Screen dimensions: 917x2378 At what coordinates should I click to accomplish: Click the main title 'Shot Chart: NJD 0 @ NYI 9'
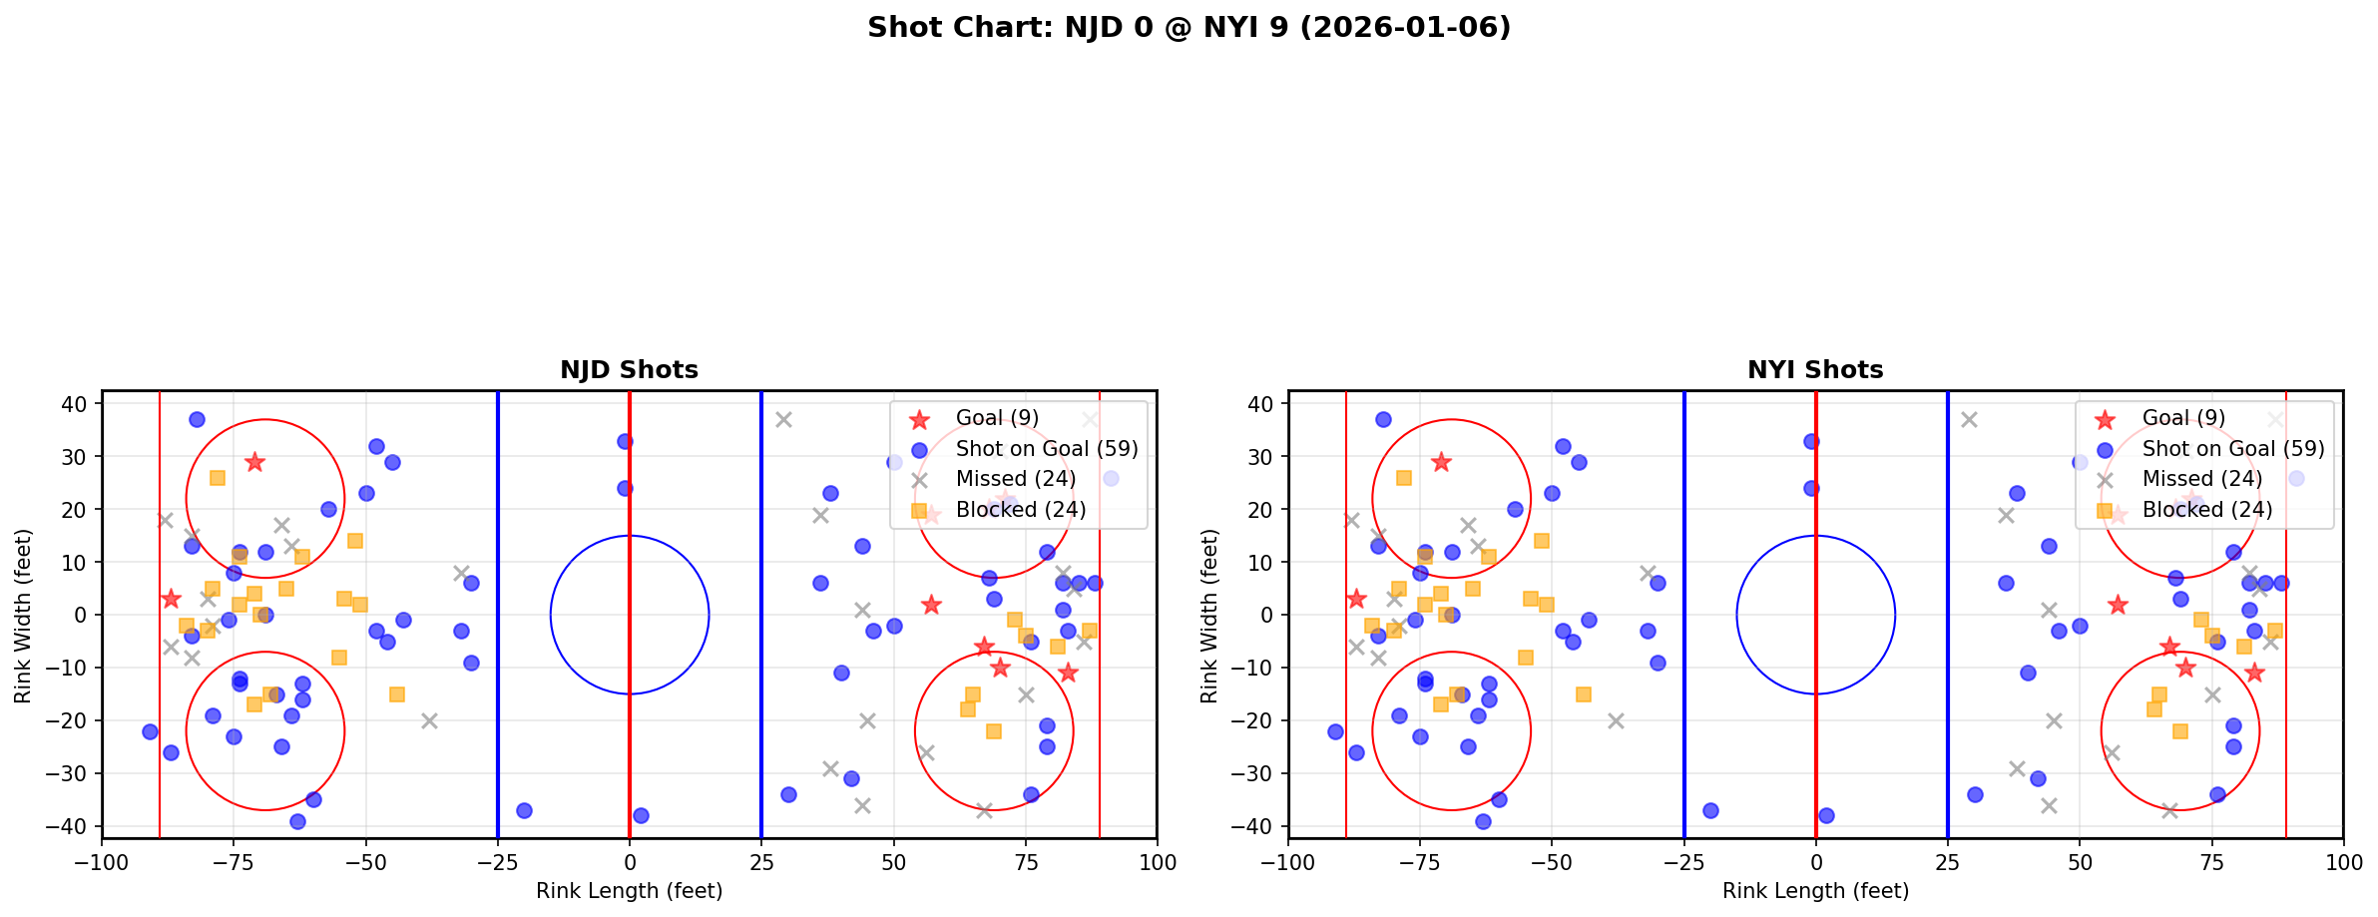click(x=1189, y=28)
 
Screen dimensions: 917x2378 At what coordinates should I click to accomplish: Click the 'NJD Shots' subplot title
click(x=629, y=370)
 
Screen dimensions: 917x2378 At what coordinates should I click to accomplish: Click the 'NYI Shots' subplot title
click(x=1815, y=370)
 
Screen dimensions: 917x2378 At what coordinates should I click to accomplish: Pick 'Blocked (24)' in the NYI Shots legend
click(x=2207, y=510)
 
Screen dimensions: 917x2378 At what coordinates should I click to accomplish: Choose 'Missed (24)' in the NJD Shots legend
click(x=1015, y=479)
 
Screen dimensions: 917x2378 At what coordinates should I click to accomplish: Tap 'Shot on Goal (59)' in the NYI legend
click(x=2233, y=449)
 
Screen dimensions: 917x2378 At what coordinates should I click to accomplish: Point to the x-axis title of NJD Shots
click(x=629, y=891)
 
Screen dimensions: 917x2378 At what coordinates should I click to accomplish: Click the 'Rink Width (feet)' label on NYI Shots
click(x=1209, y=616)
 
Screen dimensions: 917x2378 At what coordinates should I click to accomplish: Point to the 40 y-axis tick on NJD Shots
click(x=81, y=404)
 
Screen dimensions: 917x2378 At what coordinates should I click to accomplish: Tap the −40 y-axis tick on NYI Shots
click(x=1260, y=826)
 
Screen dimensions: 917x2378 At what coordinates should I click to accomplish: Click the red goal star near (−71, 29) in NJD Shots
click(x=254, y=462)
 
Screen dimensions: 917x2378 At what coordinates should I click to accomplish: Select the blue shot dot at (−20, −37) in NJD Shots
click(x=524, y=810)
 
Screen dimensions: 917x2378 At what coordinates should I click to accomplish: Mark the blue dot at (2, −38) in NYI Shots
click(x=1826, y=815)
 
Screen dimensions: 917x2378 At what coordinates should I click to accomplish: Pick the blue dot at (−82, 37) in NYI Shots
click(x=1383, y=420)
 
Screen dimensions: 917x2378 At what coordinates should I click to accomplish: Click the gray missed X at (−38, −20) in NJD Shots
click(x=429, y=720)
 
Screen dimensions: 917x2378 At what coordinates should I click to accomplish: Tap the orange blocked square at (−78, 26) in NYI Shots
click(x=1404, y=478)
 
